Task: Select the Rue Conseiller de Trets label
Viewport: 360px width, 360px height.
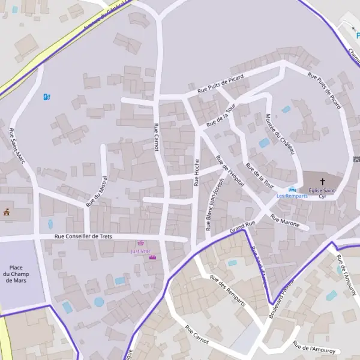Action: (x=83, y=237)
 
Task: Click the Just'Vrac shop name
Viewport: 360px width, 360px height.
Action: (x=141, y=251)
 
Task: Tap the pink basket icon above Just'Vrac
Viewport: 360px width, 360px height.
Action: (x=141, y=244)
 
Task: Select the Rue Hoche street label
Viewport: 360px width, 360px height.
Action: (x=196, y=172)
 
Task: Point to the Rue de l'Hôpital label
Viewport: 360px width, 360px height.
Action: (x=230, y=171)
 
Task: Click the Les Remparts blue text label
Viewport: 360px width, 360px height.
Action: (x=292, y=196)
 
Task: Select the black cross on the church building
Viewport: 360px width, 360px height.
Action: (x=322, y=181)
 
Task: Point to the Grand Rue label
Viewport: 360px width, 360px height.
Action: (x=242, y=227)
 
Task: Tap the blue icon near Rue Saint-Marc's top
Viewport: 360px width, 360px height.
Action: (x=46, y=97)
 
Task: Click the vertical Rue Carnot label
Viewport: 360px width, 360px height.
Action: (x=156, y=137)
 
